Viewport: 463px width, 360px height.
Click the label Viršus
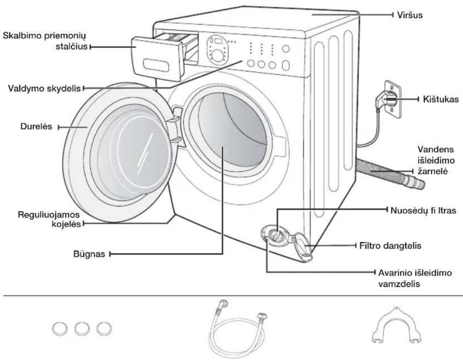[410, 15]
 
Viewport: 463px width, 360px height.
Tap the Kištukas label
[441, 99]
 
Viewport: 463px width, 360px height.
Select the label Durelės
[36, 127]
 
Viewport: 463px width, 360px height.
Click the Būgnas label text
[89, 254]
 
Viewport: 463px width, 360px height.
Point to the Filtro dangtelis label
[390, 246]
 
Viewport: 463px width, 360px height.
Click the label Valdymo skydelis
[44, 88]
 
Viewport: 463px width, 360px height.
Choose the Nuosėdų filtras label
[423, 210]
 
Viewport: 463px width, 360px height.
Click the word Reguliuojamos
[49, 214]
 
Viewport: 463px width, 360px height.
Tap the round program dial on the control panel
[217, 56]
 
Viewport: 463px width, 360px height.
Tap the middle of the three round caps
[82, 328]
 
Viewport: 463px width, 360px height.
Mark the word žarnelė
[433, 171]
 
